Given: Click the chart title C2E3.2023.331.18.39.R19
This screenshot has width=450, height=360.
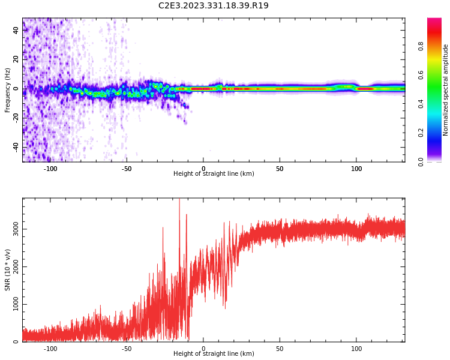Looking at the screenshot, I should [214, 6].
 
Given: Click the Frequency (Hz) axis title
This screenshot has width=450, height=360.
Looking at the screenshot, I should [8, 90].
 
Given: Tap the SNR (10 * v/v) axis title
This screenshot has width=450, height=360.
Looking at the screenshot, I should [8, 270].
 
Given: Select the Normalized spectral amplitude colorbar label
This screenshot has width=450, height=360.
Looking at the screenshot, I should [446, 90].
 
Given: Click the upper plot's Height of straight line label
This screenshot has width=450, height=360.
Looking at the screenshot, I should [214, 174].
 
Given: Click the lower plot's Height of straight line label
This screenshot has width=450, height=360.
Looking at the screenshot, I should [214, 354].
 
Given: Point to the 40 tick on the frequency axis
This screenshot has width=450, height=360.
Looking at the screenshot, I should [16, 30].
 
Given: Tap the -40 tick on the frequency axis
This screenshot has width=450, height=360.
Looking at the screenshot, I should [15, 147].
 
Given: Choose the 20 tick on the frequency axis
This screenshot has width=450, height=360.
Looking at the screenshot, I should [16, 59].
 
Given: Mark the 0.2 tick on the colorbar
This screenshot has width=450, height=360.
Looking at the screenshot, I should [421, 133].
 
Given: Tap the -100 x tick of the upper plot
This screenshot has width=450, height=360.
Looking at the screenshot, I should [50, 169].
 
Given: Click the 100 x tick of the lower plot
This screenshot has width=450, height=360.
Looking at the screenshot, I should [356, 349].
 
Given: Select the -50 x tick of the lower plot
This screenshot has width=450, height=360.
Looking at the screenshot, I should [127, 349].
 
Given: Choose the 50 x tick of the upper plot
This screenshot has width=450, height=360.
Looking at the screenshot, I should [280, 169].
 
